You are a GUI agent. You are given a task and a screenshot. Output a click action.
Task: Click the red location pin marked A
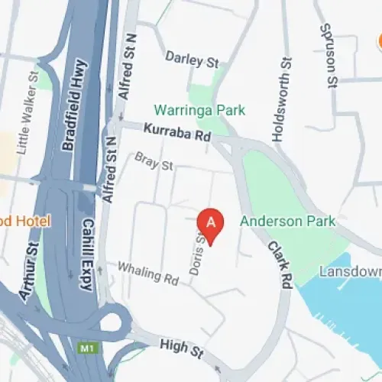point(212,222)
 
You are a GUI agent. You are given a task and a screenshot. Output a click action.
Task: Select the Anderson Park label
point(287,222)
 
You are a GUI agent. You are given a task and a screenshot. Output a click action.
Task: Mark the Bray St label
point(154,161)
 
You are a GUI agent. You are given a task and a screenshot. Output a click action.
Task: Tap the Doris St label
point(197,251)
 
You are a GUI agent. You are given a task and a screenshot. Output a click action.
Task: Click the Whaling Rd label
point(147,273)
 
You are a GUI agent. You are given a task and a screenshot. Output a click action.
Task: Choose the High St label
point(181,349)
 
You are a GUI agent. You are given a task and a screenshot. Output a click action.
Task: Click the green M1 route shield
point(86,348)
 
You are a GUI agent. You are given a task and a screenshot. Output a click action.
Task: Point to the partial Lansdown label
point(350,271)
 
